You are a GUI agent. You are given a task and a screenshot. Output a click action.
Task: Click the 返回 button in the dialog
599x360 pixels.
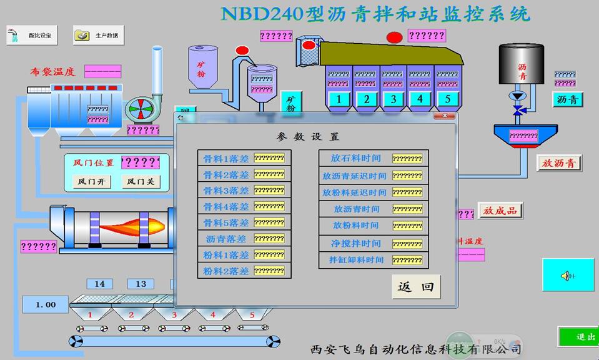click(416, 287)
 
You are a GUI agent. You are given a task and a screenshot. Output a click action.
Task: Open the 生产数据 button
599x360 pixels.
click(99, 36)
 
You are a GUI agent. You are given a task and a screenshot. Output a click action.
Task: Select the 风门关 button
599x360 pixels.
click(141, 182)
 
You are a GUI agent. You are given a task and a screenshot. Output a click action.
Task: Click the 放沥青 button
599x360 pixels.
click(559, 163)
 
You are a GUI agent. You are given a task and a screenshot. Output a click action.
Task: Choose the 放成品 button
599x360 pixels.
click(500, 211)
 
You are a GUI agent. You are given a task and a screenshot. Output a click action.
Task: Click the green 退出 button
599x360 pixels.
click(579, 337)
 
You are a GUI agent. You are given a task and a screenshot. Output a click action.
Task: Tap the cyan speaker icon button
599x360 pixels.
click(568, 275)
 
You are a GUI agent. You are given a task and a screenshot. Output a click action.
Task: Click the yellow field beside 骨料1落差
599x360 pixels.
click(269, 158)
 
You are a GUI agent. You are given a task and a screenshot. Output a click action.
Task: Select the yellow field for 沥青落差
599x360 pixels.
click(269, 239)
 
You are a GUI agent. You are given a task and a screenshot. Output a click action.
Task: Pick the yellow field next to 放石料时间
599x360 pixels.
click(407, 159)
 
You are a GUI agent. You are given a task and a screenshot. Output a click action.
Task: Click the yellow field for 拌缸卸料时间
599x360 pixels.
click(407, 260)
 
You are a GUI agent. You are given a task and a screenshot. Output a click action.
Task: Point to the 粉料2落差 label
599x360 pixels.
click(226, 271)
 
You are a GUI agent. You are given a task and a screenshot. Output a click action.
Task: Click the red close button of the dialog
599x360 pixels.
click(445, 116)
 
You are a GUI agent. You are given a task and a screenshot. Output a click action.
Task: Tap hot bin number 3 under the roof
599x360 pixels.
click(393, 99)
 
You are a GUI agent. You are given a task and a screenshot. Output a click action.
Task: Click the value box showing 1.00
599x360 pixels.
click(46, 304)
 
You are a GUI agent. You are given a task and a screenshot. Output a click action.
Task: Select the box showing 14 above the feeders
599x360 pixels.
click(100, 284)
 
